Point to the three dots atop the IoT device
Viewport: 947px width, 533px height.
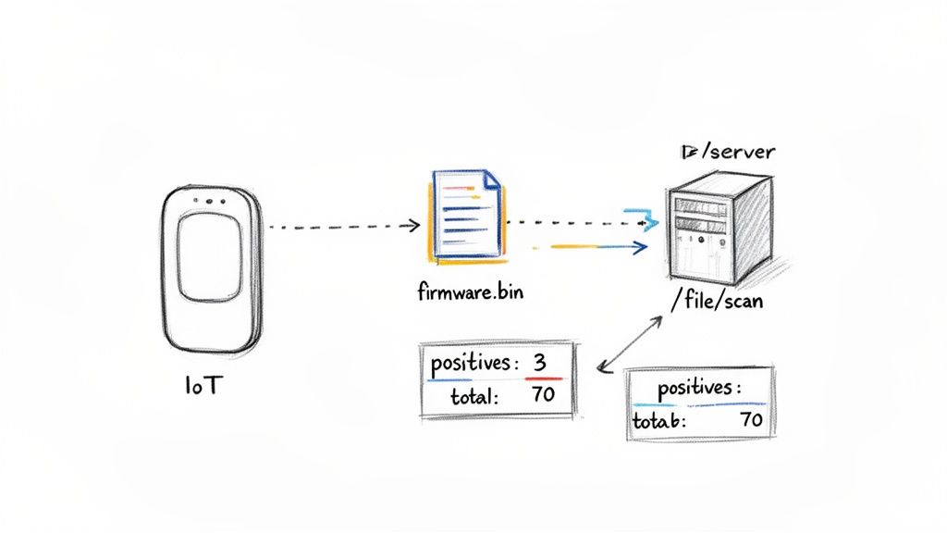210,201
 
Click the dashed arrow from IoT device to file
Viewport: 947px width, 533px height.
338,225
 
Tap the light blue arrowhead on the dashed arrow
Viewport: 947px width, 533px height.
643,221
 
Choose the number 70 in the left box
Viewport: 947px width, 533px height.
544,396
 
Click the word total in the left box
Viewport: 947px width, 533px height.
475,397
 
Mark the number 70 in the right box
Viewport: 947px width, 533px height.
751,420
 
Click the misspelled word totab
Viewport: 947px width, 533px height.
658,420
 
